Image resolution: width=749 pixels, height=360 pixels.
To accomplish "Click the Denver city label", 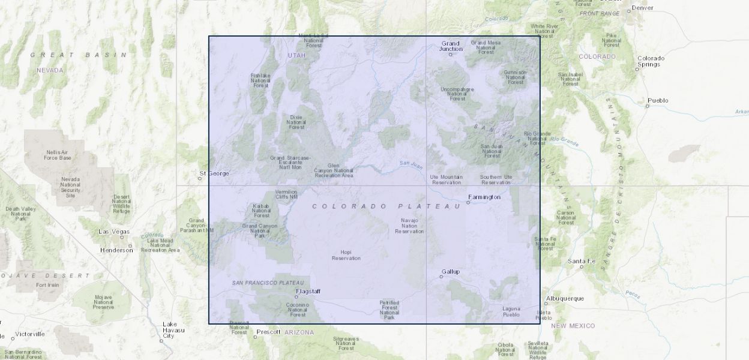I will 642,8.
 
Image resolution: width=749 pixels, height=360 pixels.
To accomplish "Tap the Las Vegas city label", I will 114,231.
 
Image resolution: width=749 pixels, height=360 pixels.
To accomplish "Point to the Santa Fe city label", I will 581,261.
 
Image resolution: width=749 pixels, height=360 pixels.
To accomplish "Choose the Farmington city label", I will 484,197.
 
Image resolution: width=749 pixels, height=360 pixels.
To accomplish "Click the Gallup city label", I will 450,272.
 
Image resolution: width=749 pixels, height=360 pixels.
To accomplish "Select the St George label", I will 214,173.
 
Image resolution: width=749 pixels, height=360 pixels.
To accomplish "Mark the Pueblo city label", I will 657,100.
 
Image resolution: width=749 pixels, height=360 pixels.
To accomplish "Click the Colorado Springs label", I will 651,61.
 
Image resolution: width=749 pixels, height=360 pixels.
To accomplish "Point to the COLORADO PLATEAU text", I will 386,206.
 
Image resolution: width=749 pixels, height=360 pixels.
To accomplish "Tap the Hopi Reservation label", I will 346,255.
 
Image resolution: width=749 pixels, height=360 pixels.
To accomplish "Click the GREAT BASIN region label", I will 79,55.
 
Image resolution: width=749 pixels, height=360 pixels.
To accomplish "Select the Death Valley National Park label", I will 20,214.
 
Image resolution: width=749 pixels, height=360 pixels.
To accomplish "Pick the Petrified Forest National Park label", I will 389,309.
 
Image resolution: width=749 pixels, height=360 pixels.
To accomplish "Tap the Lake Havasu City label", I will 169,330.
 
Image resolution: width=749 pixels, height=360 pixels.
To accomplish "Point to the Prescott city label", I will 268,332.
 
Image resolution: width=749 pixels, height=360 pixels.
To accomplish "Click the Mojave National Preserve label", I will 103,302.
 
